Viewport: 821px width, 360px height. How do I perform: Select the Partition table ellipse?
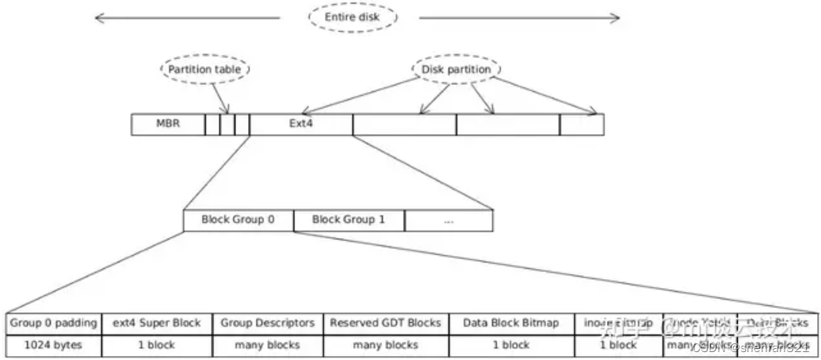click(204, 69)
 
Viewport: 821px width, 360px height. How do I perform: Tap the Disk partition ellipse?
click(455, 69)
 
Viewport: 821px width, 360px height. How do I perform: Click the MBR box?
click(167, 124)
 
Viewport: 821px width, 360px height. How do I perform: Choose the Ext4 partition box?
click(300, 124)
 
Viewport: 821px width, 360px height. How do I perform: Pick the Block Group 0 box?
click(238, 220)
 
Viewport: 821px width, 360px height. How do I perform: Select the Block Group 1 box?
click(348, 220)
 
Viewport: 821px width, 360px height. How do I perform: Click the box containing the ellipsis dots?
click(449, 220)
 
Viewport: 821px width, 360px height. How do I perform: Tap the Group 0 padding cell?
click(53, 324)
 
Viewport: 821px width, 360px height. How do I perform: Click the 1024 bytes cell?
click(53, 345)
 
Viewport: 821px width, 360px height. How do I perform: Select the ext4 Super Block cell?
click(156, 324)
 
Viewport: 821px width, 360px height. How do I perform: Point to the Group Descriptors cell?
click(267, 324)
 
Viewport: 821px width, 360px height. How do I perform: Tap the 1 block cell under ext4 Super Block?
click(156, 345)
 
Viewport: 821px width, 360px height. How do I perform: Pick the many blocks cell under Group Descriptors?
click(267, 345)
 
